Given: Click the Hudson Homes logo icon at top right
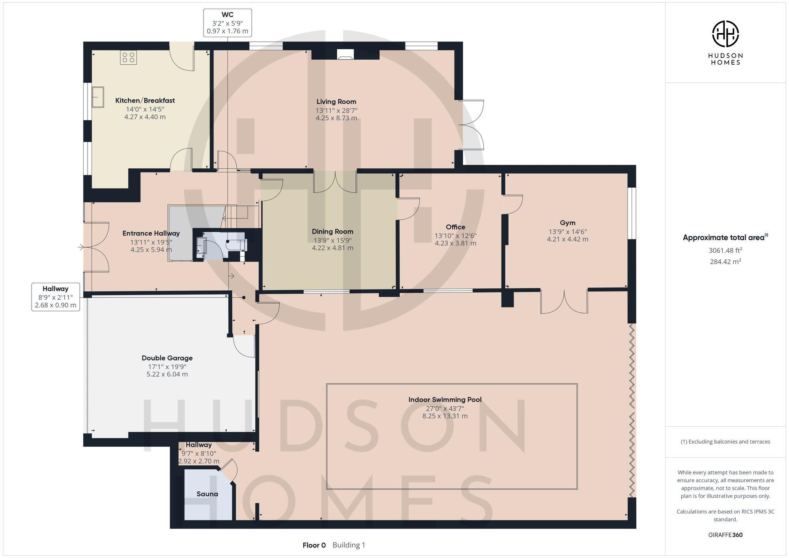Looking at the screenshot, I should [725, 34].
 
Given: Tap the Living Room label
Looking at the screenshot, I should [336, 102].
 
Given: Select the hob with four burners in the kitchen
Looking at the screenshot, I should [128, 58].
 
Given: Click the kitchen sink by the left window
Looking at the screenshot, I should [98, 97].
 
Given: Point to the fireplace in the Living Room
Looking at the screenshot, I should [346, 55].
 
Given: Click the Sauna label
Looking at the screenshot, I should [207, 494].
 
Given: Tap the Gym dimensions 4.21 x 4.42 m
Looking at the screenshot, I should [567, 239].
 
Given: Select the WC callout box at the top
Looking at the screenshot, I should [228, 23].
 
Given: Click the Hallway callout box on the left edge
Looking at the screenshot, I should [56, 297].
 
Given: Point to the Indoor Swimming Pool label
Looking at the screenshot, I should [445, 399].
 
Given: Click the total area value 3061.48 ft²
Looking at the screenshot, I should [725, 250].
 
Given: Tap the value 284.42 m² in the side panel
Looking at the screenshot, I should [725, 261].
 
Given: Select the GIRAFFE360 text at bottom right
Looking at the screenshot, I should [725, 535].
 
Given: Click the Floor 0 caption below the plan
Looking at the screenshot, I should [314, 545].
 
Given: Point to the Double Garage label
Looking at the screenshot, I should [167, 358].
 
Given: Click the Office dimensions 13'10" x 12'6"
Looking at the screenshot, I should [455, 236].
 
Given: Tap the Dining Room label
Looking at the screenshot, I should [333, 231].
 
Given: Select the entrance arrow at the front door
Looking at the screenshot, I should [81, 247].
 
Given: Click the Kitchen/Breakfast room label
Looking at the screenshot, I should [145, 101].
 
